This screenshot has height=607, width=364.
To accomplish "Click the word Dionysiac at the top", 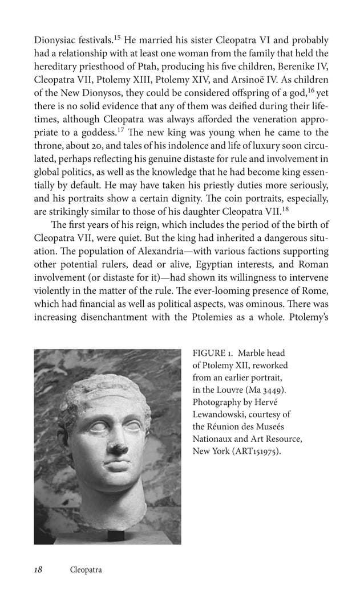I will tap(57, 41).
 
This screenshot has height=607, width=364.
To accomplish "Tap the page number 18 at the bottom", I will tap(39, 569).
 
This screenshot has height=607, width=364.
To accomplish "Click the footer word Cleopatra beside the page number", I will tap(86, 570).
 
